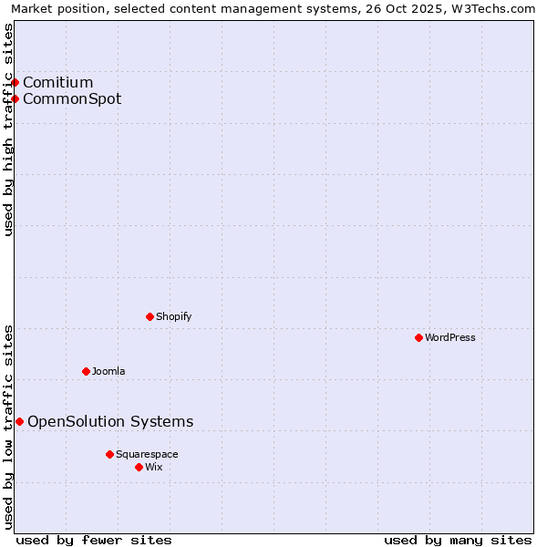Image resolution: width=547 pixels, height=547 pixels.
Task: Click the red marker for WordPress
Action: click(418, 337)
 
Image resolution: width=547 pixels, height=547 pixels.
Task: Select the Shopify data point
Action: click(150, 316)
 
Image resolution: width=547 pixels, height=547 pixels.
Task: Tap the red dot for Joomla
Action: click(86, 371)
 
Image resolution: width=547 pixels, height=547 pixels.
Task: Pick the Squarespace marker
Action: click(109, 454)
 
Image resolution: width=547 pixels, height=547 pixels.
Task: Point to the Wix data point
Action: click(139, 467)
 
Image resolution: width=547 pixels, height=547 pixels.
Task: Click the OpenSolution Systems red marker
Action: click(19, 421)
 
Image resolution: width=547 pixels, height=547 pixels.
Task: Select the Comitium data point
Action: click(15, 82)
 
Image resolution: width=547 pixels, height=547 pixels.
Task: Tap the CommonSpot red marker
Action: click(15, 98)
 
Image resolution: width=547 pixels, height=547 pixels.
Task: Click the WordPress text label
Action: click(450, 337)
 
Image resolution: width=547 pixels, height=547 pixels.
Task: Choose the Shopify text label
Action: click(173, 316)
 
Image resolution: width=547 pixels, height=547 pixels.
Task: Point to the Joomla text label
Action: click(108, 371)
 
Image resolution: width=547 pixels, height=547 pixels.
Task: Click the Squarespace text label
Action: click(147, 454)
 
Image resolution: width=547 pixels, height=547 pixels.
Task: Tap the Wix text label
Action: click(153, 467)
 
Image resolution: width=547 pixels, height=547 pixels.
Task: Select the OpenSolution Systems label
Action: click(110, 421)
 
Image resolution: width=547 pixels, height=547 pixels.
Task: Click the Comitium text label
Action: click(58, 82)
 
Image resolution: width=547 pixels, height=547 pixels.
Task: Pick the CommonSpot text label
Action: click(72, 98)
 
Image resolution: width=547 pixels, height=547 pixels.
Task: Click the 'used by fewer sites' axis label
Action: click(94, 540)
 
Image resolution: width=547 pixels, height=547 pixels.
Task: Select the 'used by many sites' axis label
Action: click(458, 540)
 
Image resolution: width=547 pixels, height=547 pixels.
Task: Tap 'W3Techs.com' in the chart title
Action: click(497, 8)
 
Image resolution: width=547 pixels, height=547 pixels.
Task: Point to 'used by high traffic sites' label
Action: click(8, 129)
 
